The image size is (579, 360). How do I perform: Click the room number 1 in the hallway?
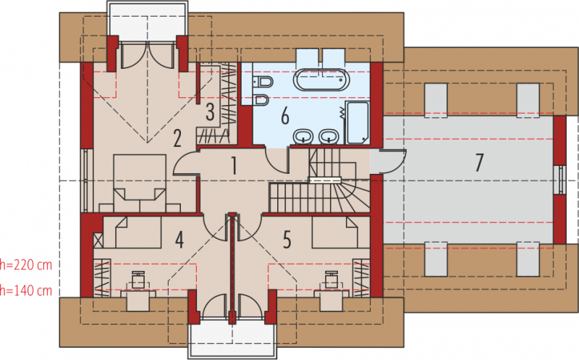point(233,165)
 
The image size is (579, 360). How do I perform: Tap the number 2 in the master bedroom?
point(177,138)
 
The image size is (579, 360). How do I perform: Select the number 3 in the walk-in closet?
point(210,112)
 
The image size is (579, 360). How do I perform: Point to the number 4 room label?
point(179,240)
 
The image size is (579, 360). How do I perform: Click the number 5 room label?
point(287,239)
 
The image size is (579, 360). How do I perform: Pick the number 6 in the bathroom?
point(284,116)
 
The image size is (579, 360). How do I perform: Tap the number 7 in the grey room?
point(479,163)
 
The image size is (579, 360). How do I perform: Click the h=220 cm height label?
point(26,265)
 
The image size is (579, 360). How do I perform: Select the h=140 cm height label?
point(26,290)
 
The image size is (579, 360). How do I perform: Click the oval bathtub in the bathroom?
point(321,80)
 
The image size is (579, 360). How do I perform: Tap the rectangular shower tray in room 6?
point(358,122)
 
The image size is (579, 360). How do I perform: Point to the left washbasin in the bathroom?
point(303,136)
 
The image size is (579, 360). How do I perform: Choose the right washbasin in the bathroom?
point(329,136)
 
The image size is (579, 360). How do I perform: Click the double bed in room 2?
point(140,183)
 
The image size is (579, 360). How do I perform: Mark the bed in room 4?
point(132,232)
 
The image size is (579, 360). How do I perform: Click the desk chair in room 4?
point(138,280)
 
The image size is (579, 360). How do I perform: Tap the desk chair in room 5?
point(331,280)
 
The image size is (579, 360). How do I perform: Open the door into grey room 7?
point(388,162)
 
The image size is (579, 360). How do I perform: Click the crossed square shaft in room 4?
point(98,240)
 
